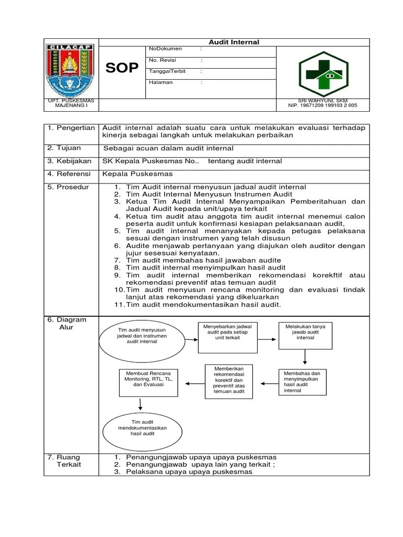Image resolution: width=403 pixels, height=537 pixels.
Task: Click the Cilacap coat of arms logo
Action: (70, 69)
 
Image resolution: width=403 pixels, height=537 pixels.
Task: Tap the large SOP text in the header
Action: (122, 68)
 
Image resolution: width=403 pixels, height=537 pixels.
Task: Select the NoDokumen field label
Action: (165, 49)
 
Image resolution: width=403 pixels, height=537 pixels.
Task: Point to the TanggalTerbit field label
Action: (167, 71)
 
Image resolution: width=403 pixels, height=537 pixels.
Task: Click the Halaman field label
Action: (161, 82)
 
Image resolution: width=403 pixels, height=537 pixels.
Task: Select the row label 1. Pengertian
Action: (71, 128)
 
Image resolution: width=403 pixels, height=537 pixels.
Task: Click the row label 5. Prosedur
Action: (68, 187)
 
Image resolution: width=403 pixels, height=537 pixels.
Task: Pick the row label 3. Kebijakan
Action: (69, 161)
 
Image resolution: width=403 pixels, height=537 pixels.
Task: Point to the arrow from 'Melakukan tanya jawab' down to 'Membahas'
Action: (305, 357)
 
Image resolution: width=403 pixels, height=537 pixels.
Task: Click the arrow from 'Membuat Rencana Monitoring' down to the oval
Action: (141, 404)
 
